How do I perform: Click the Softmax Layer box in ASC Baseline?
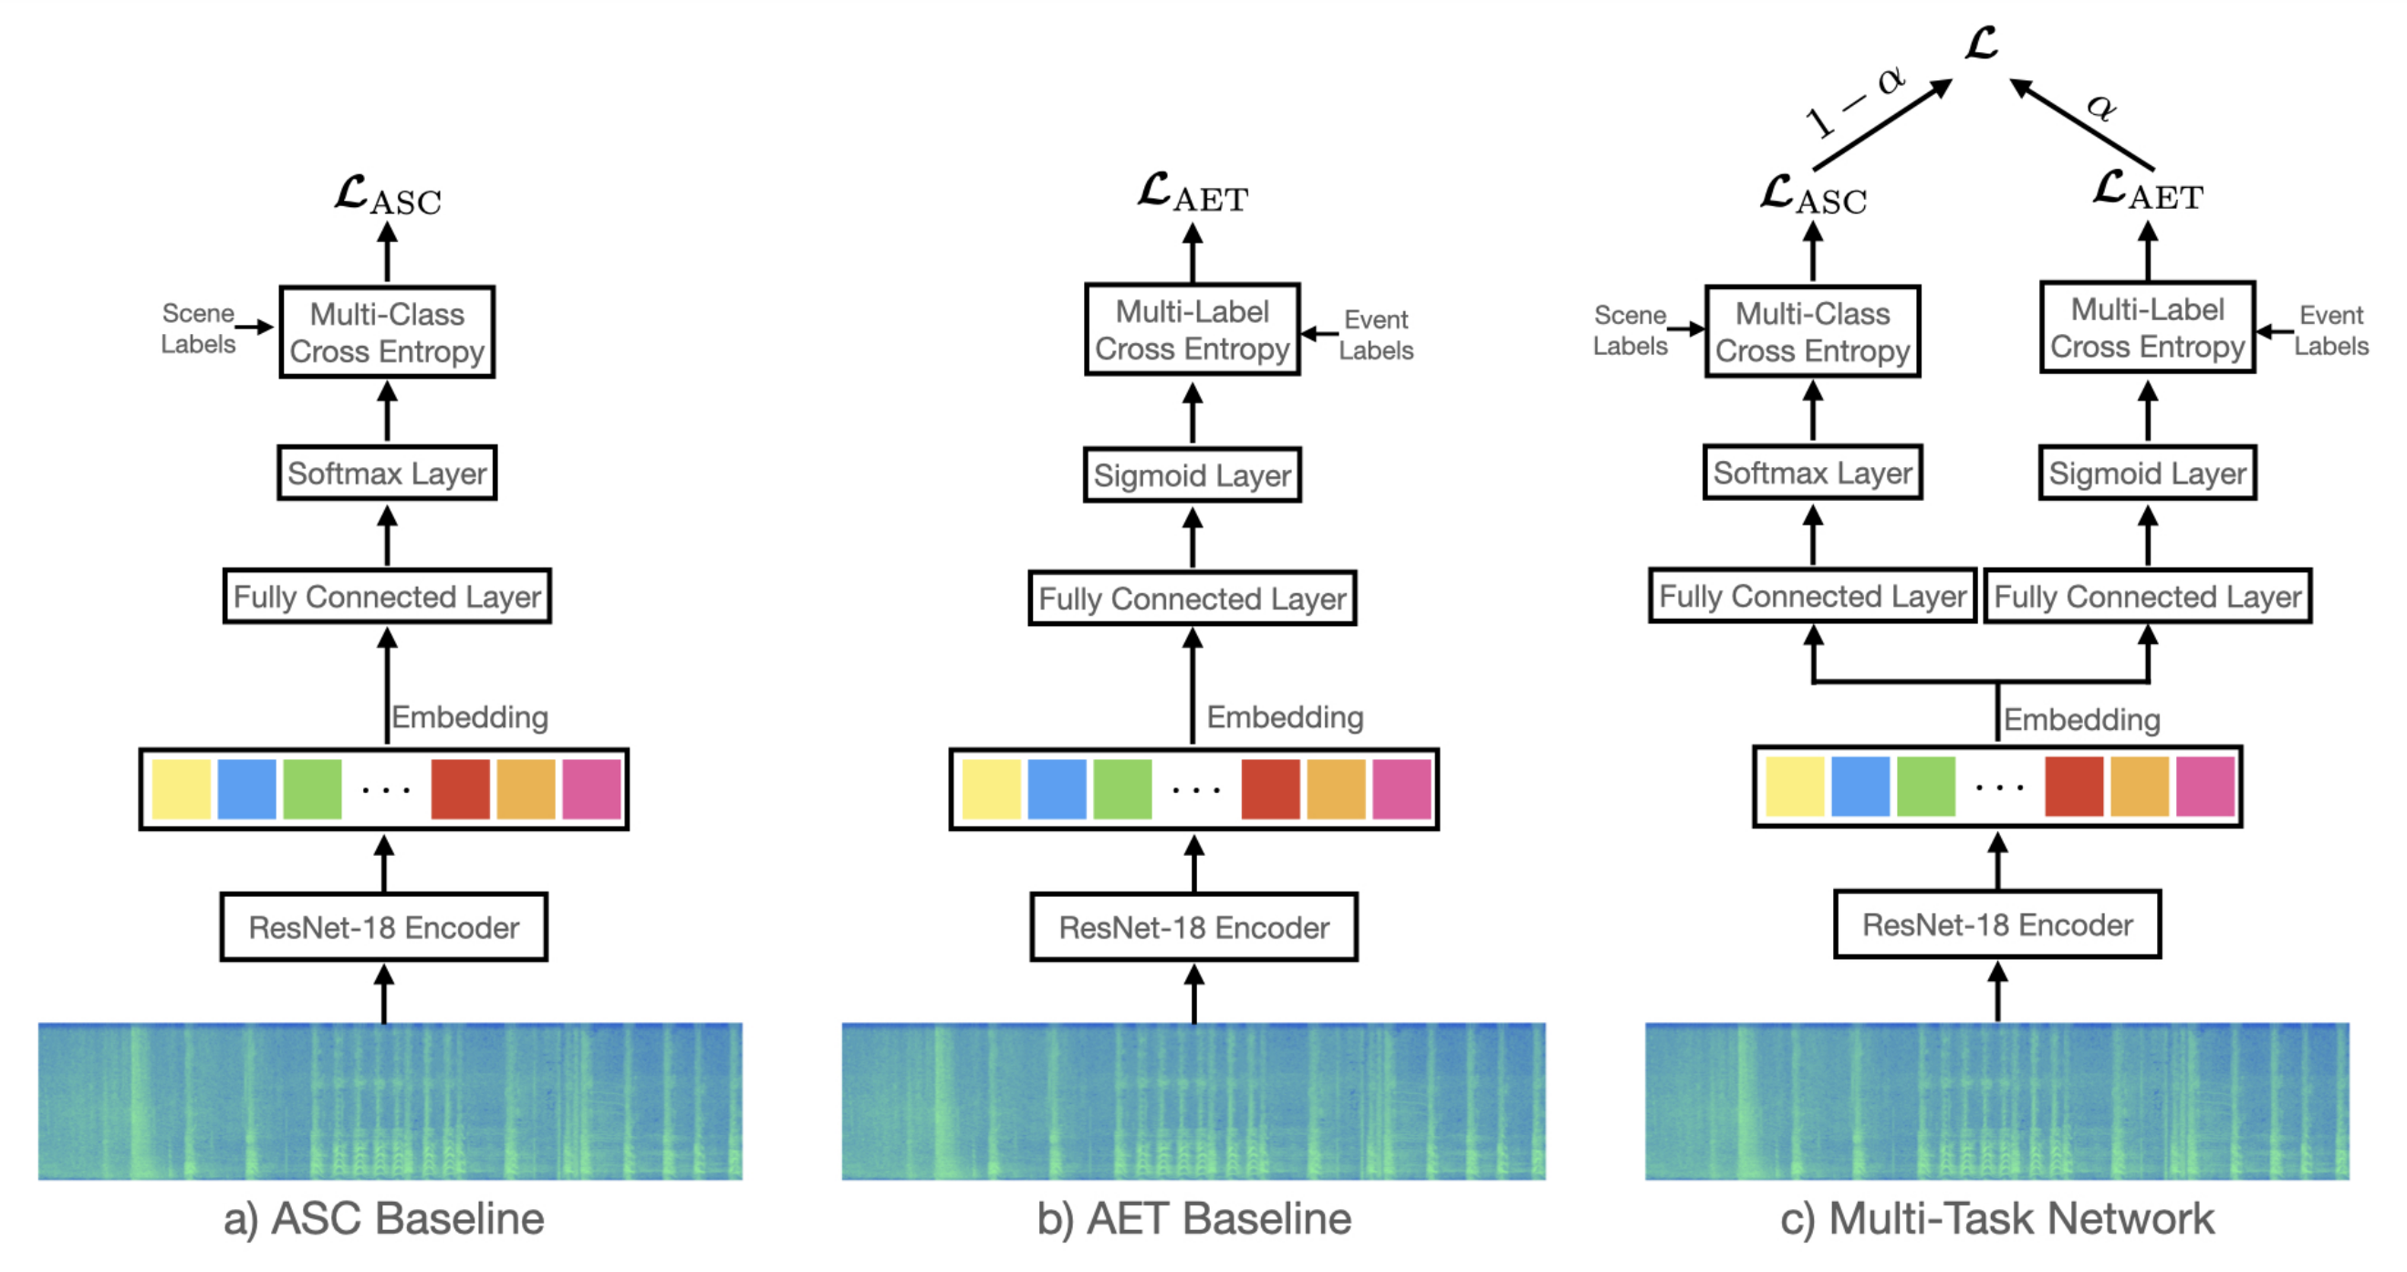pyautogui.click(x=387, y=473)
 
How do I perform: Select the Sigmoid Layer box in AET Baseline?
pyautogui.click(x=1193, y=474)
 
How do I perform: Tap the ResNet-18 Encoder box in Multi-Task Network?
pyautogui.click(x=1996, y=924)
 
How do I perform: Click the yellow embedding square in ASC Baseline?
pyautogui.click(x=182, y=788)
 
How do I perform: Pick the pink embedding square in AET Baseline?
pyautogui.click(x=1401, y=788)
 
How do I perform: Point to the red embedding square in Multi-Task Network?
pyautogui.click(x=2073, y=787)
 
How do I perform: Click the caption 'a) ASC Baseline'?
pyautogui.click(x=384, y=1219)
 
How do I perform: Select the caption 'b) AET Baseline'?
pyautogui.click(x=1194, y=1219)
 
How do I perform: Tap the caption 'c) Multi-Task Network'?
pyautogui.click(x=1996, y=1219)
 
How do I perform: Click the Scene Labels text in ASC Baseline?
pyautogui.click(x=198, y=328)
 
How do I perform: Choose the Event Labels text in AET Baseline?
pyautogui.click(x=1376, y=335)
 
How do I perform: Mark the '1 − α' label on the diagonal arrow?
pyautogui.click(x=1856, y=103)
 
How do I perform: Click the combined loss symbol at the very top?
pyautogui.click(x=1982, y=43)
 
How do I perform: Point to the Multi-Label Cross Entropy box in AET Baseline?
pyautogui.click(x=1193, y=330)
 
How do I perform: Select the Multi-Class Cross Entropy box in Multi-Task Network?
pyautogui.click(x=1813, y=332)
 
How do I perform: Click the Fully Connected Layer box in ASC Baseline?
pyautogui.click(x=387, y=596)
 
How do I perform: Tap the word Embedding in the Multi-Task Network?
pyautogui.click(x=2082, y=719)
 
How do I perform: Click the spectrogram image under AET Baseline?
pyautogui.click(x=1193, y=1101)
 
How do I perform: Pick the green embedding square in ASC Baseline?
pyautogui.click(x=312, y=788)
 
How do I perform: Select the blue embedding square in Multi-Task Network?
pyautogui.click(x=1860, y=787)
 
